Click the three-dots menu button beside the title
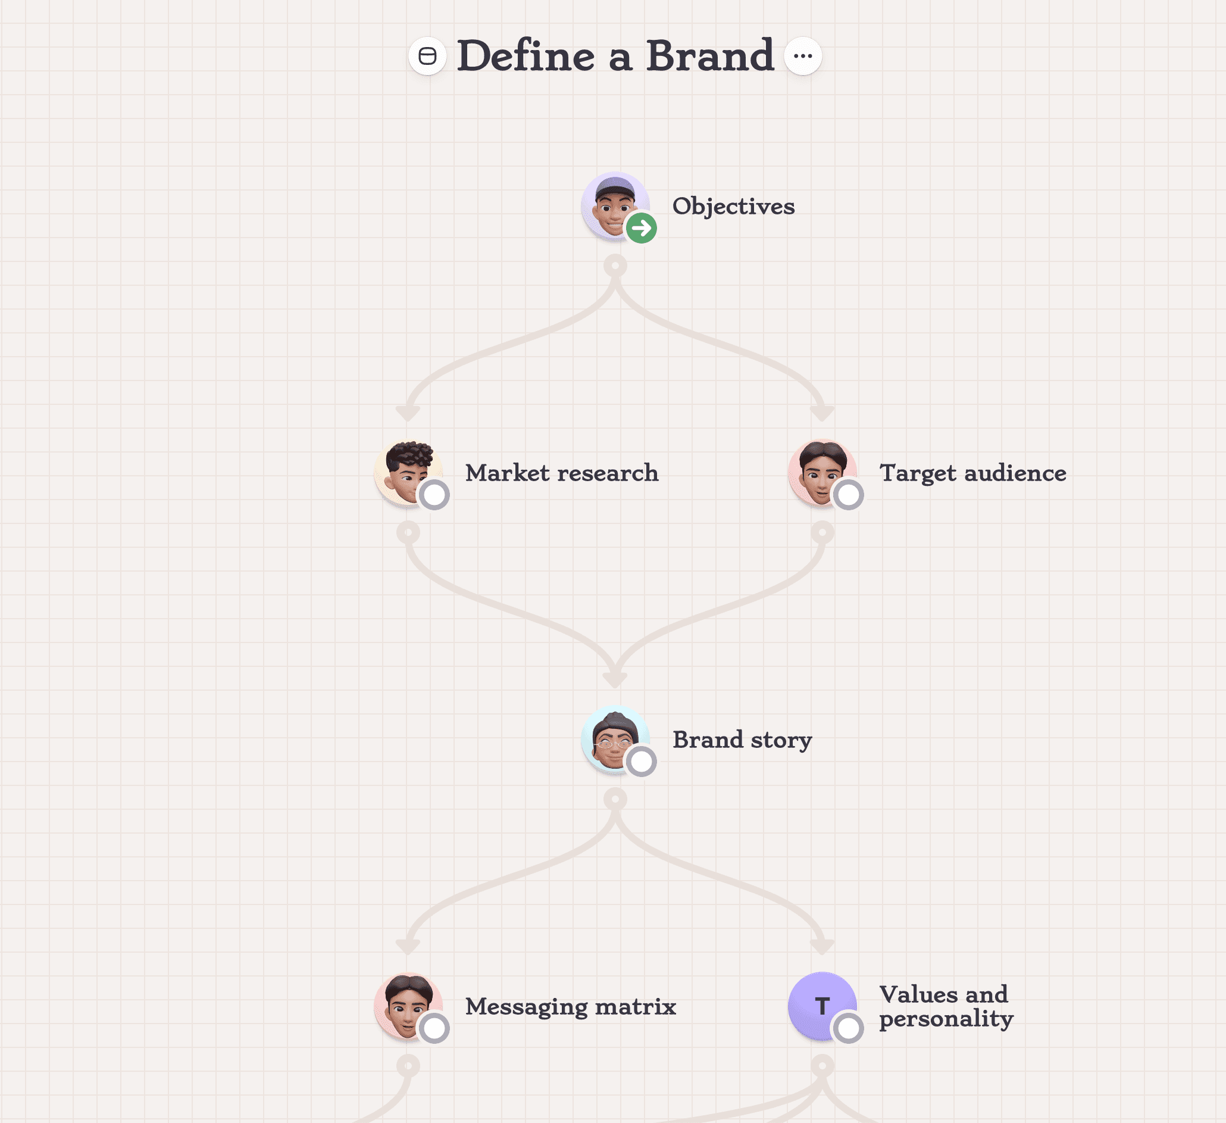pyautogui.click(x=803, y=56)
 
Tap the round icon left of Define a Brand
pyautogui.click(x=427, y=56)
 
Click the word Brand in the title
pyautogui.click(x=709, y=56)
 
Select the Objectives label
pyautogui.click(x=733, y=206)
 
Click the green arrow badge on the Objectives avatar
pyautogui.click(x=641, y=228)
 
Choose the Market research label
pyautogui.click(x=561, y=473)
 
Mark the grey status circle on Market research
pyautogui.click(x=434, y=495)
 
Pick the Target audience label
pyautogui.click(x=972, y=473)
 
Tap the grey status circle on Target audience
pyautogui.click(x=848, y=495)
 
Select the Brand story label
pyautogui.click(x=742, y=740)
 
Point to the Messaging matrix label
pyautogui.click(x=570, y=1006)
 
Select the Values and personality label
pyautogui.click(x=946, y=1006)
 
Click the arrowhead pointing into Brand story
pyautogui.click(x=615, y=679)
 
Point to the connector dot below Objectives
pyautogui.click(x=615, y=266)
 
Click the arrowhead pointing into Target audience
pyautogui.click(x=822, y=413)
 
